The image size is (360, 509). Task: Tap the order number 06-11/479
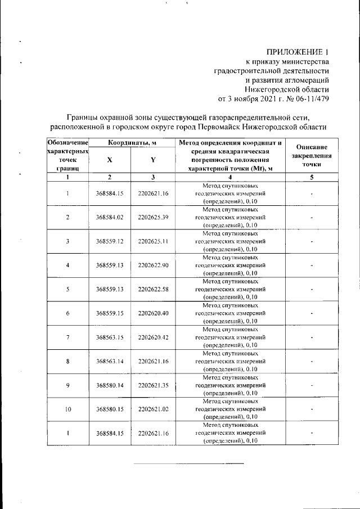(311, 99)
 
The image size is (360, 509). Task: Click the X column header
(110, 160)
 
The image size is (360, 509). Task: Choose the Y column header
(153, 160)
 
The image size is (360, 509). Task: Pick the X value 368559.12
(110, 241)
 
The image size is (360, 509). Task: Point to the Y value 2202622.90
(153, 265)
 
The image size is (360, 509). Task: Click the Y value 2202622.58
(153, 289)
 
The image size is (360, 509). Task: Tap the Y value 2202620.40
(153, 313)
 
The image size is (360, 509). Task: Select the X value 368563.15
(110, 337)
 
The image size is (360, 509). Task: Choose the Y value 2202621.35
(153, 385)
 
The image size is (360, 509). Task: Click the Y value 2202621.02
(153, 409)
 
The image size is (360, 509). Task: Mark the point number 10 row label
(67, 409)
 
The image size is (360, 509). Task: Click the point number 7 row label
(67, 337)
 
